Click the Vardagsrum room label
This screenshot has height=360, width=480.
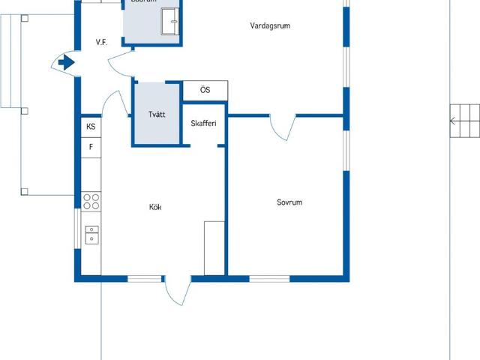[x=270, y=25]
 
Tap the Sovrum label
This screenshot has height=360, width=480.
[x=289, y=202]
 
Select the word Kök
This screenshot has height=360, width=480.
[x=156, y=207]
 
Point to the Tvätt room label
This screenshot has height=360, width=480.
[x=157, y=115]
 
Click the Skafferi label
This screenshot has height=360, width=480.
[x=204, y=123]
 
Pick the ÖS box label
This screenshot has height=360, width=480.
[x=205, y=90]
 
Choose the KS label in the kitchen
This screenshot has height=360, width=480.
[x=91, y=127]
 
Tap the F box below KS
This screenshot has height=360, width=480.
[x=91, y=147]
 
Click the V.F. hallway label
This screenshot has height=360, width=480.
[x=102, y=43]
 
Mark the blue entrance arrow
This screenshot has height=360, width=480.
[x=67, y=63]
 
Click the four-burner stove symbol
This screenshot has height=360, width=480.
[x=91, y=200]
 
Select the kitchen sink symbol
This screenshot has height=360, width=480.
[x=91, y=234]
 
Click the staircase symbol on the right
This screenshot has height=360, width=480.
[x=464, y=120]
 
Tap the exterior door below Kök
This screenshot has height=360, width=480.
[x=177, y=289]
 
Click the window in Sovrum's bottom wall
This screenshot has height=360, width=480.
[x=269, y=279]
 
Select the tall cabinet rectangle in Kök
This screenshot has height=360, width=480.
[x=214, y=247]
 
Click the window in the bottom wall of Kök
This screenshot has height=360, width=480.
[x=144, y=279]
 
